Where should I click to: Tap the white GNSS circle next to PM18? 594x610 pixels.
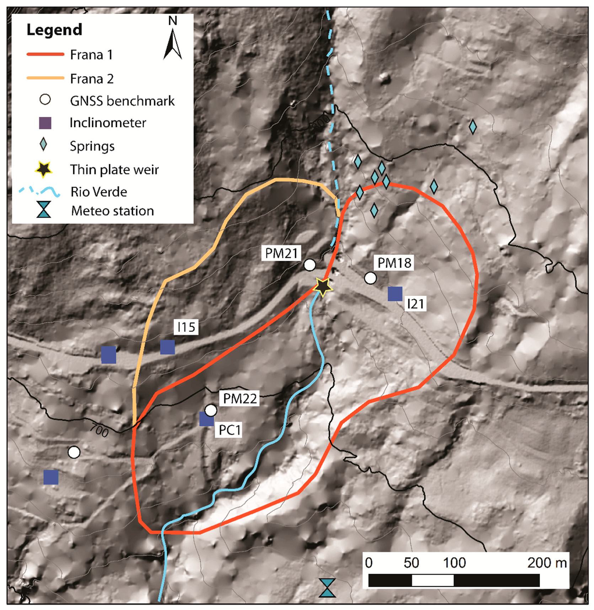(x=370, y=278)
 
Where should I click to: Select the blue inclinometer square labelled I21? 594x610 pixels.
(x=395, y=294)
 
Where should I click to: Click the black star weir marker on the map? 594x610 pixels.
(x=323, y=286)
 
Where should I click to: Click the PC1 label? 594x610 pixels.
(x=230, y=430)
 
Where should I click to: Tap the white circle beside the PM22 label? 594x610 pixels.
(x=211, y=410)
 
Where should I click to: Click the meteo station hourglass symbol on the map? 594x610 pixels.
(x=327, y=587)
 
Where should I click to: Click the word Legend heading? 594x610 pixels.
(x=54, y=30)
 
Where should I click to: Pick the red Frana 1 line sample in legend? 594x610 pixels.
(x=45, y=54)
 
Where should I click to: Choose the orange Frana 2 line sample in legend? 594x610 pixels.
(x=45, y=78)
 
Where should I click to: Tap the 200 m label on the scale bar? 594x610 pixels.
(x=546, y=563)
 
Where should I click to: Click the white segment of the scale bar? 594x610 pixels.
(x=433, y=580)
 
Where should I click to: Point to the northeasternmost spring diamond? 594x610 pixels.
(x=472, y=127)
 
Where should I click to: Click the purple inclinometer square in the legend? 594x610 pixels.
(x=45, y=123)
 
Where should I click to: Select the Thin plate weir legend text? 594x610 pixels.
(x=114, y=170)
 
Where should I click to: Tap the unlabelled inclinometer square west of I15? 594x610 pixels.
(x=108, y=355)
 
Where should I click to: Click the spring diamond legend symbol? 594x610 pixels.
(x=43, y=145)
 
